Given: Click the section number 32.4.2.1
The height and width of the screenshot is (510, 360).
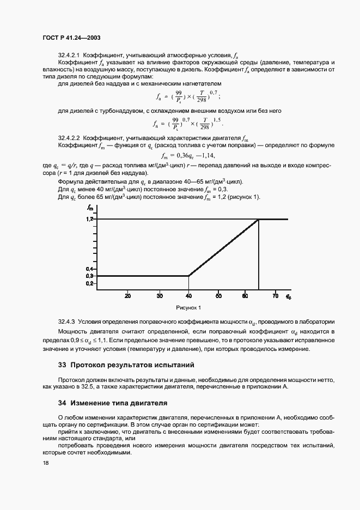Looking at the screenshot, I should tap(69, 55).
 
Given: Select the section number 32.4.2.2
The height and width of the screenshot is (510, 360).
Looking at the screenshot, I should tap(69, 139).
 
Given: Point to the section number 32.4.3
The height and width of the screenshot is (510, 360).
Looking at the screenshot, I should tap(66, 322).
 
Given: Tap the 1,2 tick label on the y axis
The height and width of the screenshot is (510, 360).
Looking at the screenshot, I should tap(89, 218).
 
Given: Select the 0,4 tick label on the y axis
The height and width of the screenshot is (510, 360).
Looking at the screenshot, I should tap(89, 269).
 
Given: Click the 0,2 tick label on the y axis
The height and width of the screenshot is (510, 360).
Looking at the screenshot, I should tap(89, 283).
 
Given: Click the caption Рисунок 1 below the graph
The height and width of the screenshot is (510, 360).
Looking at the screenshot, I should tap(188, 307).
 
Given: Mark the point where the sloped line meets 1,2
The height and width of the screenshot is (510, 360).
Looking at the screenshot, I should tap(258, 219).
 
